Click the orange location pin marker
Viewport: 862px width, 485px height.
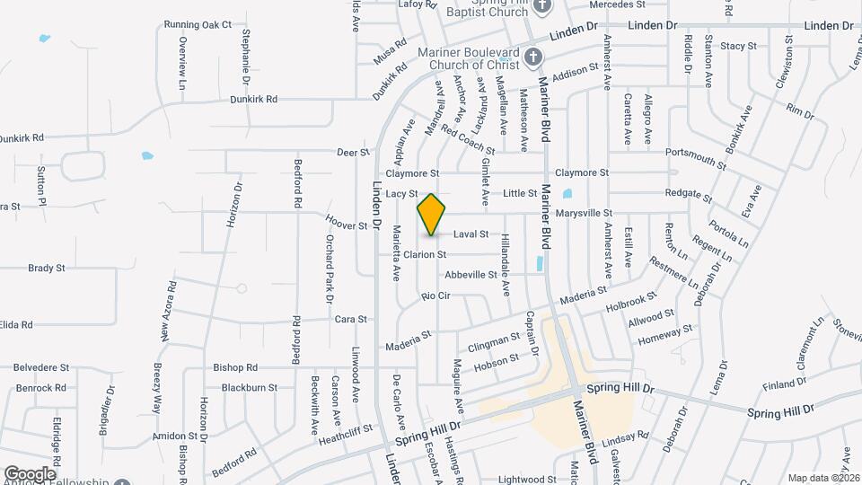[432, 215]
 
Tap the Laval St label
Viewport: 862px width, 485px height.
[471, 234]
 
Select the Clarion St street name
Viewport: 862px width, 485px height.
[425, 255]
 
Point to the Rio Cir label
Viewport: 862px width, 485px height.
[435, 295]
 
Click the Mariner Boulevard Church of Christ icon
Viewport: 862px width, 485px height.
[533, 58]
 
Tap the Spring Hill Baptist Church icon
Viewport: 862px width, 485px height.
[541, 7]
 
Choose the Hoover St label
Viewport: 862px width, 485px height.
[347, 224]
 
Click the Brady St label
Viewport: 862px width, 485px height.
[47, 268]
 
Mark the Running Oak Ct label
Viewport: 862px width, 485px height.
[198, 24]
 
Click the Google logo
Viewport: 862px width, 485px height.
[30, 473]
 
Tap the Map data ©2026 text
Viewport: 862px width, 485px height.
[822, 478]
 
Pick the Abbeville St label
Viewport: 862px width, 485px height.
[471, 275]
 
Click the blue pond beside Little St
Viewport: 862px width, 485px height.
[567, 193]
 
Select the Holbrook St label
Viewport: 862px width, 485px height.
[637, 303]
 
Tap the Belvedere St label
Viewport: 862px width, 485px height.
[41, 367]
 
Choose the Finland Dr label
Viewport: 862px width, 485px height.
[785, 384]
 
